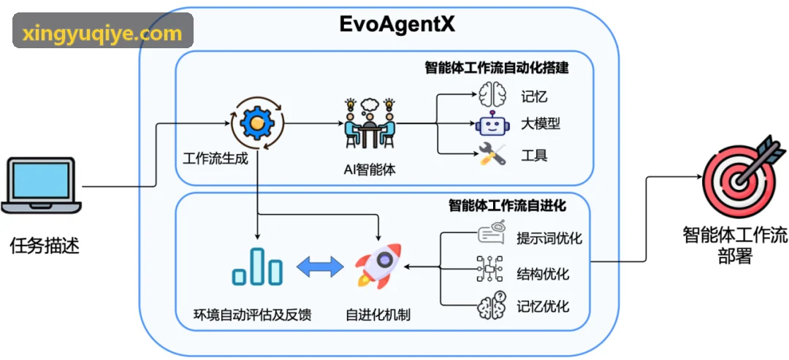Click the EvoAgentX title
397,24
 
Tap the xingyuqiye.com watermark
102,34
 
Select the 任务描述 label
45,246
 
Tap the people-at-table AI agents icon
370,123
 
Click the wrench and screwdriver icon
491,155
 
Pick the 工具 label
534,156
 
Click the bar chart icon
257,266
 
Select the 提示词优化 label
549,237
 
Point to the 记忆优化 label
543,306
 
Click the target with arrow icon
743,171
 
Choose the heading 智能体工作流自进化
507,206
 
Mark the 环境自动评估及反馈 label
253,315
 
